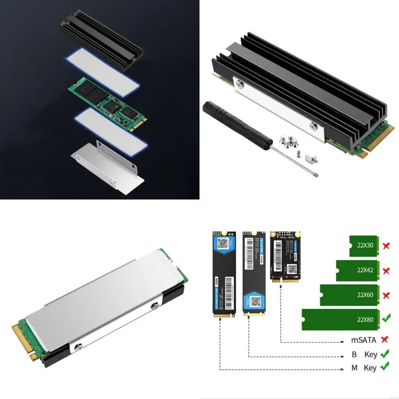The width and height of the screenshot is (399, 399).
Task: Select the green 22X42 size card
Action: click(357, 270)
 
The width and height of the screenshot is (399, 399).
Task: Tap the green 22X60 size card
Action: click(349, 295)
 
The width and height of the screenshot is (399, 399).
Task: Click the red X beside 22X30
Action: click(386, 246)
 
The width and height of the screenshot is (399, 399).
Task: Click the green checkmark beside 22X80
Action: click(386, 319)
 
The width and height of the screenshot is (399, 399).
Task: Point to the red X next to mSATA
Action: click(385, 339)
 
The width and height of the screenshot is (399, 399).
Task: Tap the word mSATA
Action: click(364, 340)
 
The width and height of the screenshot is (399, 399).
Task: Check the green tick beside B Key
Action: click(385, 354)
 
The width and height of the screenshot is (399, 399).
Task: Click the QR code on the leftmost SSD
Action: click(223, 244)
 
